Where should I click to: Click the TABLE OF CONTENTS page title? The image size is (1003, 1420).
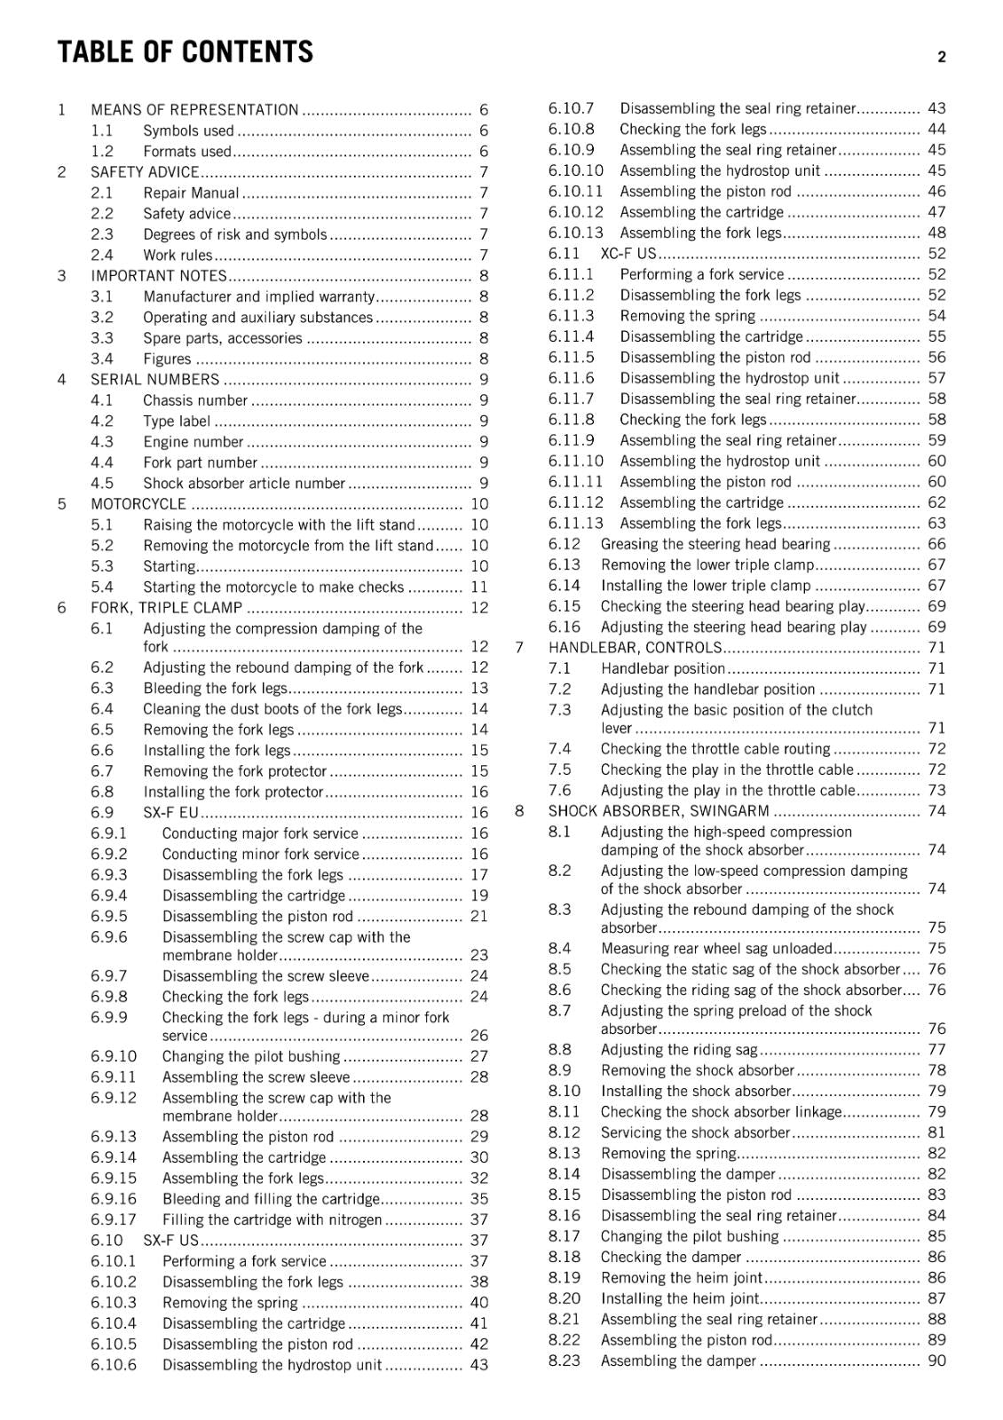[185, 52]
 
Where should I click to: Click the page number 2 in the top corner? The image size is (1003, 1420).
[941, 57]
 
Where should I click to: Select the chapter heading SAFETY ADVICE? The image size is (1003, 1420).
[145, 172]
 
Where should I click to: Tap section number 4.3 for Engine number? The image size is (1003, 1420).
[102, 442]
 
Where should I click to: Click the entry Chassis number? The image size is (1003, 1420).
[195, 400]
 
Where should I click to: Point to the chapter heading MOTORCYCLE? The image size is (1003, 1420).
[138, 504]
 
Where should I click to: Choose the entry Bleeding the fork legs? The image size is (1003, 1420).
[216, 689]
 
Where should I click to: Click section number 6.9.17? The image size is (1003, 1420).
[114, 1220]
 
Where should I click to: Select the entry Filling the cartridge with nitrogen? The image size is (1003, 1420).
[272, 1220]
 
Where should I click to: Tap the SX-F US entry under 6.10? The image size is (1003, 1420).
[170, 1241]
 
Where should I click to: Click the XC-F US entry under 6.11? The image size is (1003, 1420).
[628, 254]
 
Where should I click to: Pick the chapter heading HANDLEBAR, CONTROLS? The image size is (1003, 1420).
[635, 648]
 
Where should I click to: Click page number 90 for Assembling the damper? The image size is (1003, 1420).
[936, 1361]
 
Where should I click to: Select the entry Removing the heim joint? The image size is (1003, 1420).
[681, 1278]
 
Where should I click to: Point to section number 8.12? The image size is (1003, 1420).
[564, 1132]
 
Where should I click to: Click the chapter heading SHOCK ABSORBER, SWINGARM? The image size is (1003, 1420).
[659, 811]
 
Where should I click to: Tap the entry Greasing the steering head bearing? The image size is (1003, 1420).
[715, 544]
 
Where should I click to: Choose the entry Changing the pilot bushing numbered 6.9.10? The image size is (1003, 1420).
[250, 1056]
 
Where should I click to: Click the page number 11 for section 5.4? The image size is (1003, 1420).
[479, 587]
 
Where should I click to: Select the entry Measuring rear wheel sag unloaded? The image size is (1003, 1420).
[716, 949]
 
